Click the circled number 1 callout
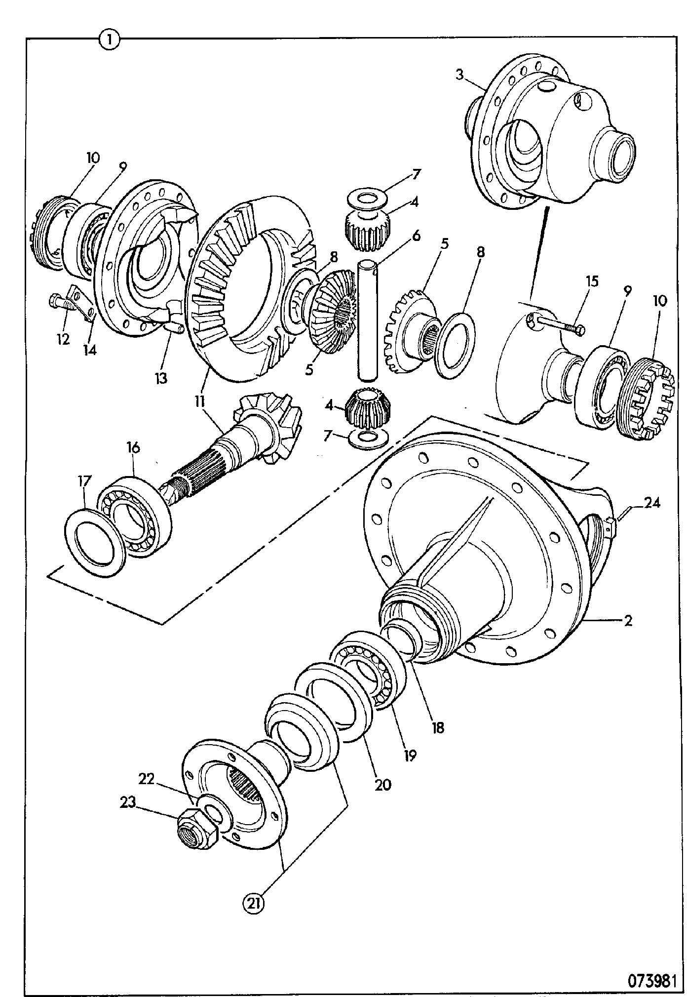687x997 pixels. coord(109,39)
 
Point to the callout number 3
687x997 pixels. coord(459,76)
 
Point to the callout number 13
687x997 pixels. coord(160,378)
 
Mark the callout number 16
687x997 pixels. coord(133,447)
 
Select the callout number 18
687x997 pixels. coord(437,727)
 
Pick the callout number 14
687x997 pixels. coord(90,350)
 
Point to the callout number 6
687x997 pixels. coord(417,236)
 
